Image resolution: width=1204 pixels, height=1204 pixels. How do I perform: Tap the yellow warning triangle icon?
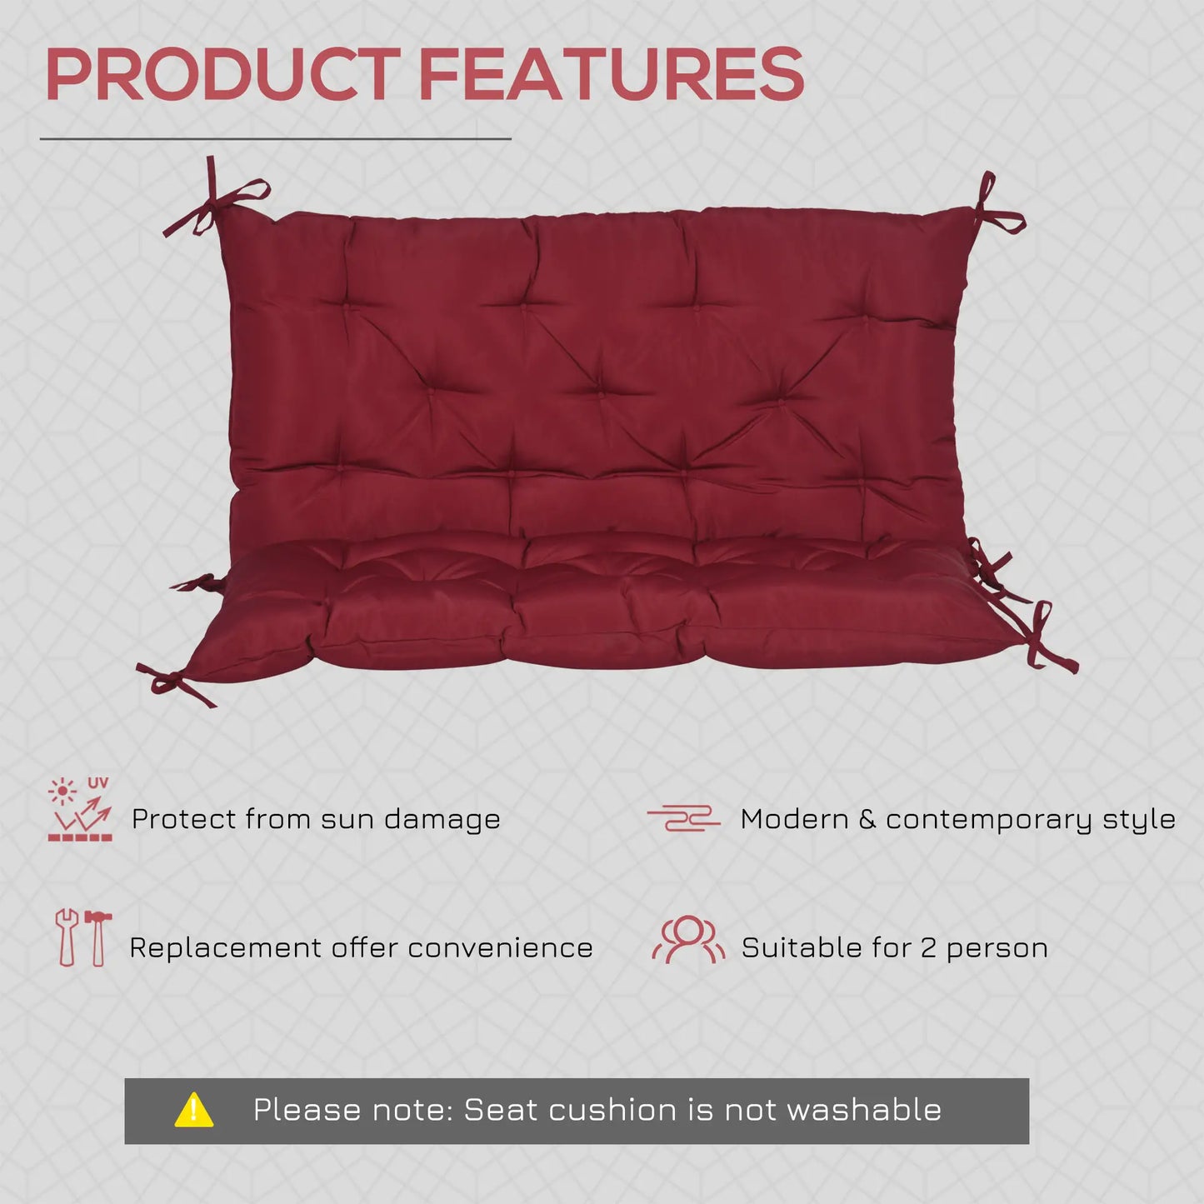(x=194, y=1111)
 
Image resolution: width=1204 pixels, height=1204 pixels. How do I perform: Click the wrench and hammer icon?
(x=83, y=938)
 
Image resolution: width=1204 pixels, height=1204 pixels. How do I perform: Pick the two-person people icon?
(x=688, y=939)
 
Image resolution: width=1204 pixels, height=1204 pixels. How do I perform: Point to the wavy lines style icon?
(x=683, y=818)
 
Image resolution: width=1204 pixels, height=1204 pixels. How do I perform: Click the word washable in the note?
(x=863, y=1111)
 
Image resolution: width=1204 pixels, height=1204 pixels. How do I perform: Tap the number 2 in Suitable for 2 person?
(x=928, y=948)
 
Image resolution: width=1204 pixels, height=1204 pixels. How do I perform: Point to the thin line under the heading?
(x=276, y=138)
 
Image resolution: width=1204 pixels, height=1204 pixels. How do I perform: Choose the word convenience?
(x=500, y=949)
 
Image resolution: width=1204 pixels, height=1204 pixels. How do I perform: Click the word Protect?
(x=183, y=819)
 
